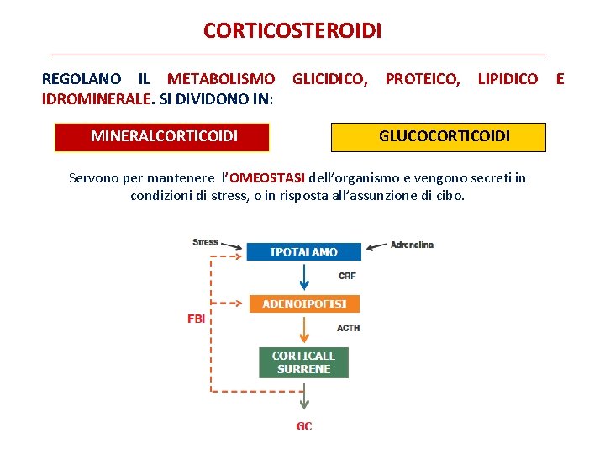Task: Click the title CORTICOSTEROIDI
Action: click(x=292, y=31)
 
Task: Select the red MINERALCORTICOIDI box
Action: click(x=163, y=136)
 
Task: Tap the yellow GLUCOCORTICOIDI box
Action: click(x=438, y=137)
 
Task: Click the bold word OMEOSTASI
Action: click(x=267, y=178)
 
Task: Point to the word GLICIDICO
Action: click(x=329, y=79)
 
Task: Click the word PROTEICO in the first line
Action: click(x=422, y=79)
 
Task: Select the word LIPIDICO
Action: click(x=508, y=79)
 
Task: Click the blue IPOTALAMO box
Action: click(x=303, y=251)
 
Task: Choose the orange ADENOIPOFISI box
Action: click(x=303, y=304)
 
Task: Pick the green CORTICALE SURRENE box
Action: click(x=303, y=362)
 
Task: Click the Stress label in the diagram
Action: click(x=205, y=242)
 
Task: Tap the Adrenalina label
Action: click(x=412, y=245)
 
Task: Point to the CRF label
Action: click(x=347, y=276)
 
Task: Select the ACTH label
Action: click(x=348, y=328)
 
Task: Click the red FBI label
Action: click(x=196, y=319)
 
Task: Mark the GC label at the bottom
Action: click(x=304, y=426)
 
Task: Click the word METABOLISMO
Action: click(x=221, y=79)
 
